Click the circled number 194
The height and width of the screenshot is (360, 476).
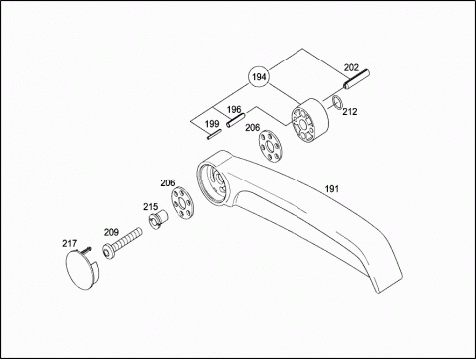[259, 77]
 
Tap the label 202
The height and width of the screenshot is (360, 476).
[351, 67]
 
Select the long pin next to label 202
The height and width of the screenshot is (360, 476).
[356, 79]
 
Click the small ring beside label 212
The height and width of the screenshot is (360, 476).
[337, 101]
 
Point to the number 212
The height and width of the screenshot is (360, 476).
[350, 112]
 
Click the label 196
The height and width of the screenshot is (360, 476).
[234, 109]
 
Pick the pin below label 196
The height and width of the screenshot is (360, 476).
[235, 120]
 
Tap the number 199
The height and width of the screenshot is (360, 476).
[212, 124]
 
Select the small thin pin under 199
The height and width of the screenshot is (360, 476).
[214, 135]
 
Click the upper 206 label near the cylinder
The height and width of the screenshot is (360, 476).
[252, 128]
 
